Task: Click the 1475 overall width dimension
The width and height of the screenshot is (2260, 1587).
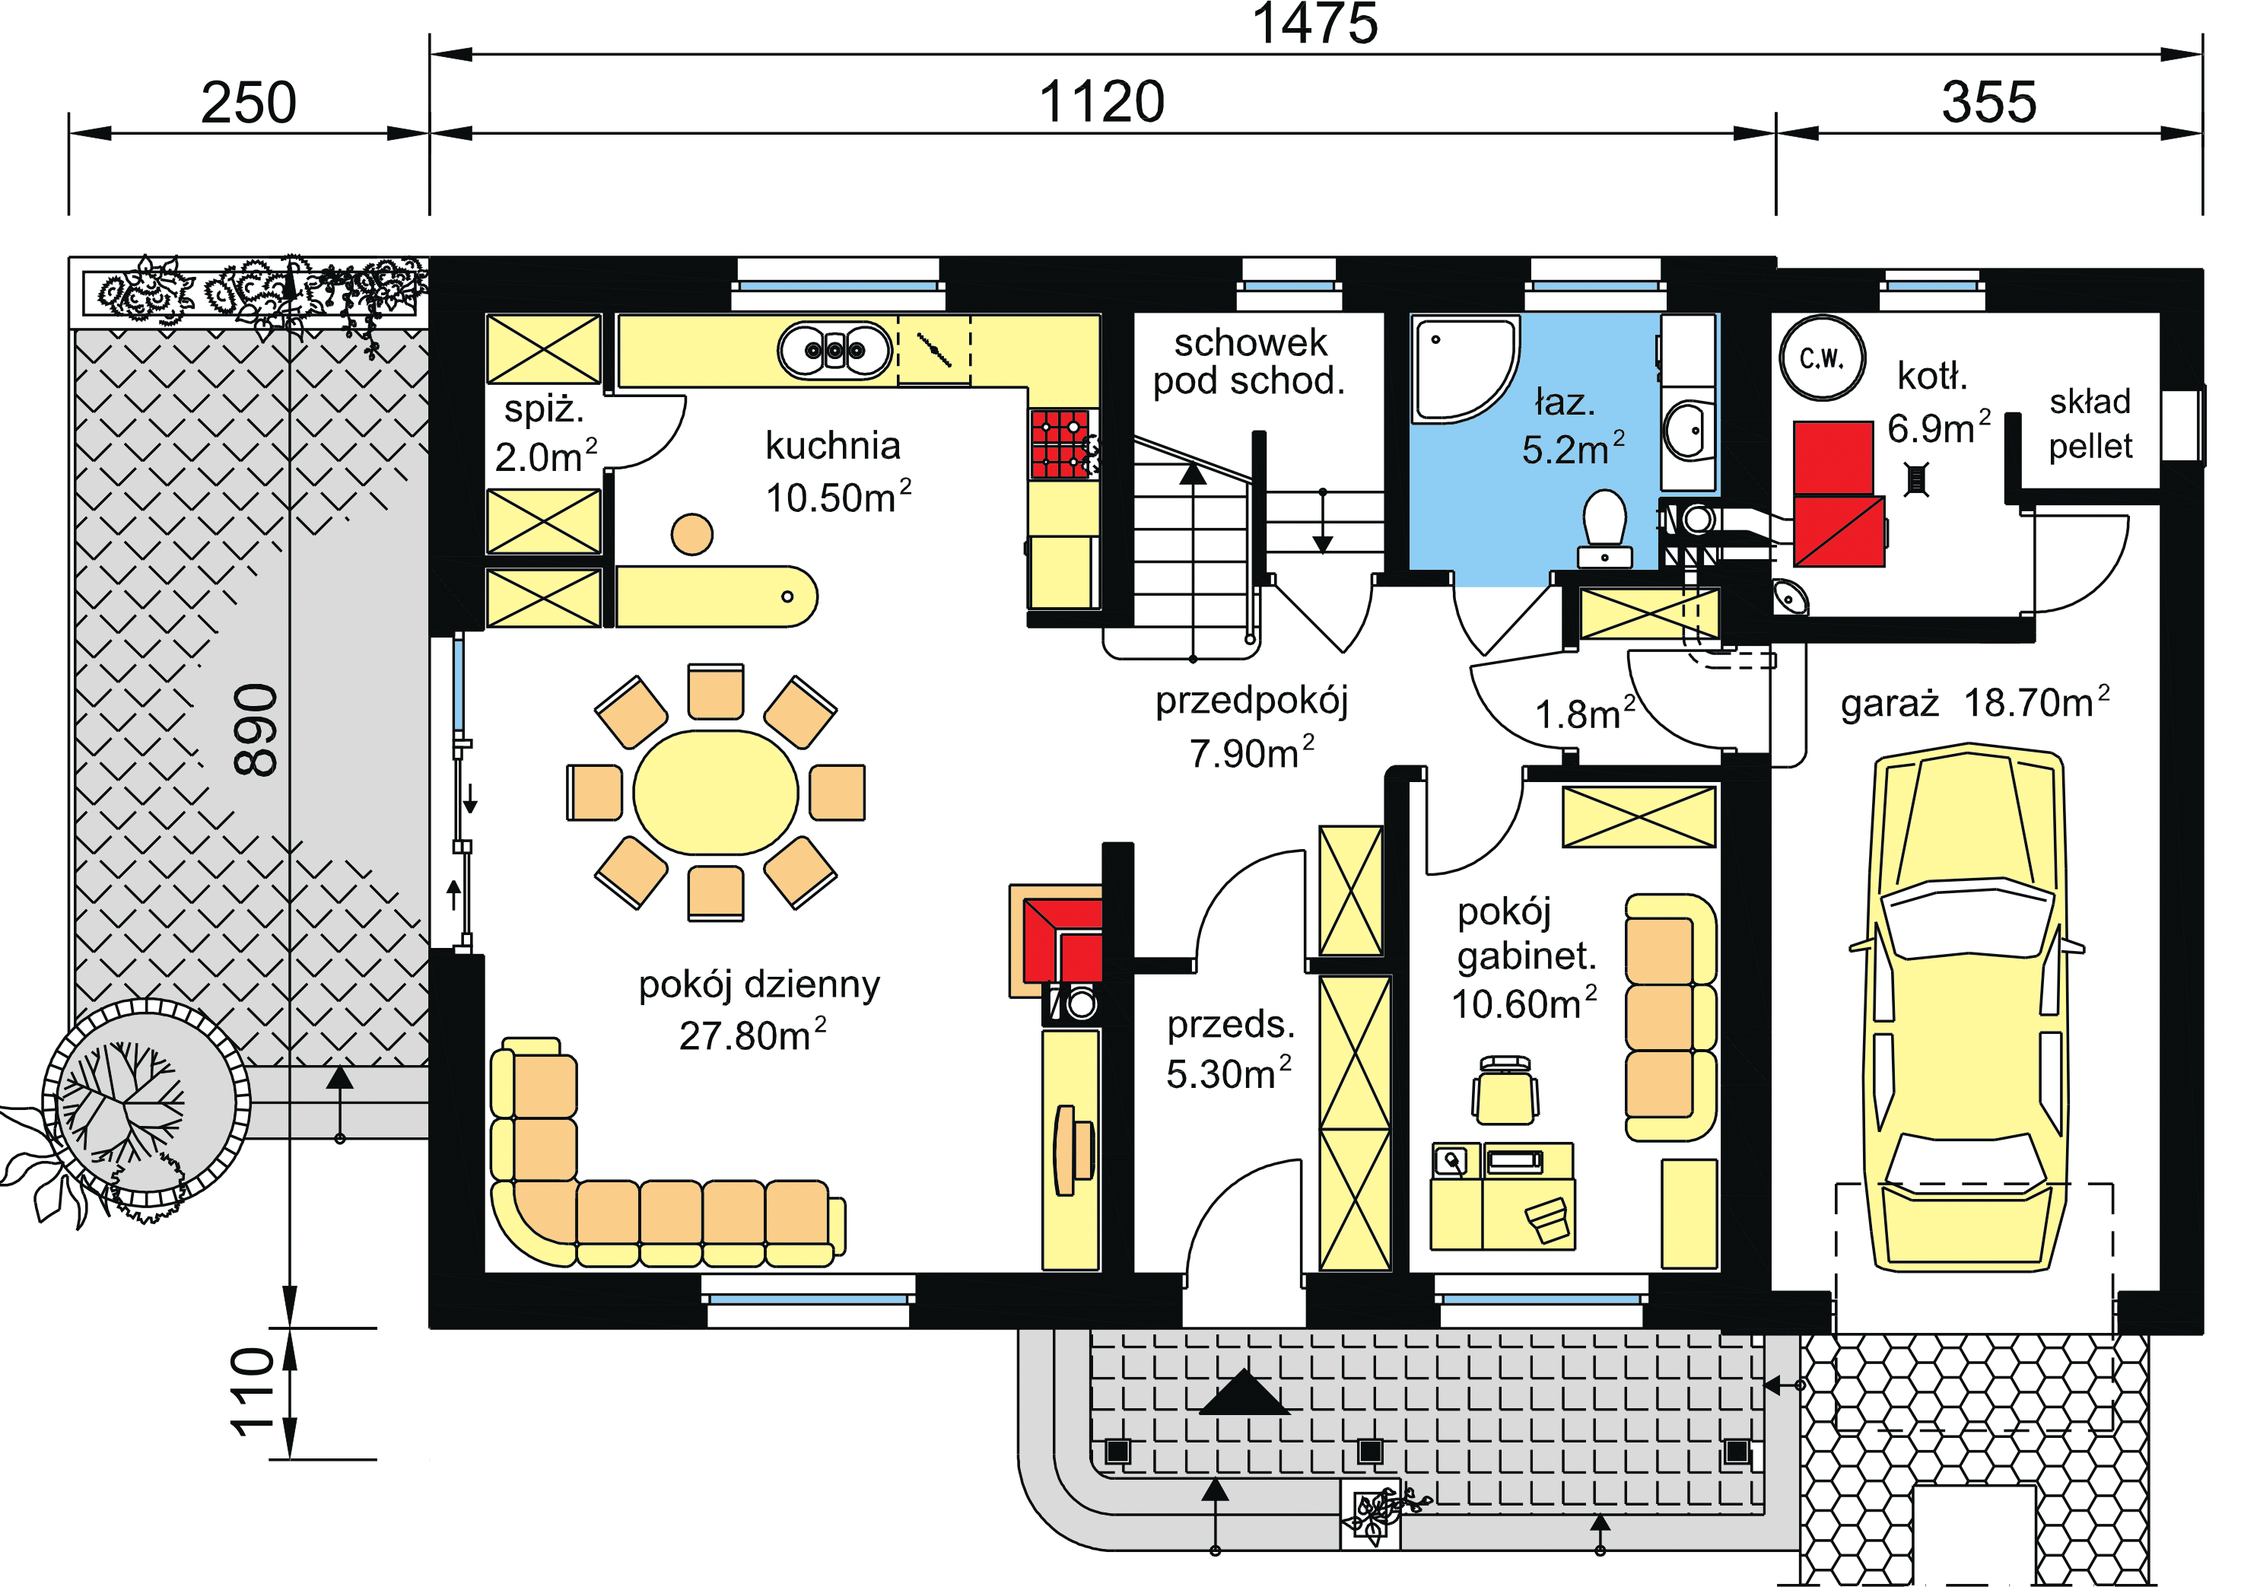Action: (1315, 24)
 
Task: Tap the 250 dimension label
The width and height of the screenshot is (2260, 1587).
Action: (249, 103)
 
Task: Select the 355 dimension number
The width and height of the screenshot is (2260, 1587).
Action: (1989, 103)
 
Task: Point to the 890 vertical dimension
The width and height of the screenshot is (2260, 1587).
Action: (256, 730)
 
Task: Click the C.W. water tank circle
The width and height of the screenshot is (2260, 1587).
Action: (1822, 358)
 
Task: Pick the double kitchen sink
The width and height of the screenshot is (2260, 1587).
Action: (834, 349)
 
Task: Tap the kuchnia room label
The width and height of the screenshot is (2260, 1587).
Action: (833, 446)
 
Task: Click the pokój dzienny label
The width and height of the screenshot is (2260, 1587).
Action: (759, 984)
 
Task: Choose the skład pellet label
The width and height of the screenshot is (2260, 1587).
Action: (2090, 423)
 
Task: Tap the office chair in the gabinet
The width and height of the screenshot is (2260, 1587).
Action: (1505, 1090)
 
